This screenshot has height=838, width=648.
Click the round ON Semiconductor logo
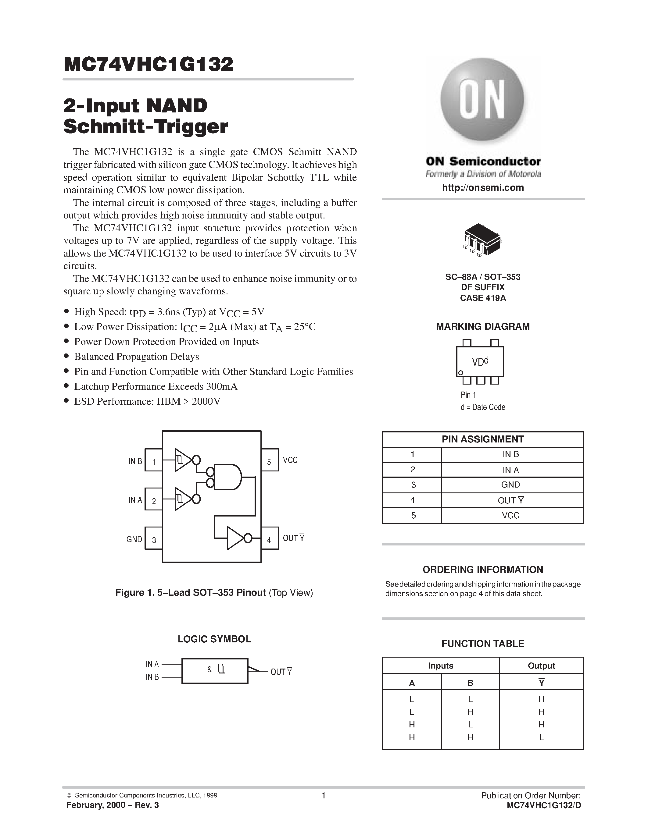pyautogui.click(x=482, y=101)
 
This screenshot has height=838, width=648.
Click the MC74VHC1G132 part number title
pyautogui.click(x=148, y=64)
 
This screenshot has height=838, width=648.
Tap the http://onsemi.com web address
pyautogui.click(x=482, y=188)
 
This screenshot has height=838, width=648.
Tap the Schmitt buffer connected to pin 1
pyautogui.click(x=183, y=459)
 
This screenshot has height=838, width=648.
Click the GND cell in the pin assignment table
pyautogui.click(x=510, y=485)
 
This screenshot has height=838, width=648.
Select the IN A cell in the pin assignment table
pyautogui.click(x=510, y=470)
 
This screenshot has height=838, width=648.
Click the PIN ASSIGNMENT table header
pyautogui.click(x=482, y=439)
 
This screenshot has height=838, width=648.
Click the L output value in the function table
pyautogui.click(x=541, y=737)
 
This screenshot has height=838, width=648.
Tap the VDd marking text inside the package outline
pyautogui.click(x=480, y=361)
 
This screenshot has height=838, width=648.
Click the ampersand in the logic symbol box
pyautogui.click(x=209, y=669)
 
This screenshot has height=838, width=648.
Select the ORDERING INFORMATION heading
pyautogui.click(x=482, y=570)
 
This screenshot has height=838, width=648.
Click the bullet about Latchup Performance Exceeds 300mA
pyautogui.click(x=156, y=386)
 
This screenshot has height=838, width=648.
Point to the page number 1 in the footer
pyautogui.click(x=323, y=795)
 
